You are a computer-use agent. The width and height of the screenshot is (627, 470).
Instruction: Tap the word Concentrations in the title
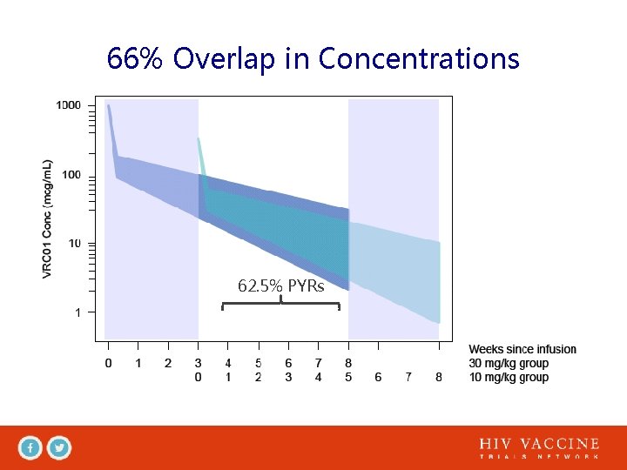tap(419, 59)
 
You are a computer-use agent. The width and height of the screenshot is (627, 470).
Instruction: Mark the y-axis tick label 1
tap(78, 312)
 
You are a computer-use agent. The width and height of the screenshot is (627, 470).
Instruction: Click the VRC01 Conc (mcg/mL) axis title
tap(49, 218)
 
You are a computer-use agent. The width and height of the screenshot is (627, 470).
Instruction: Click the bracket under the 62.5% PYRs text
tap(280, 304)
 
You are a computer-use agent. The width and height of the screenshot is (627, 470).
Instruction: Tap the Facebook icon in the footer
tap(30, 448)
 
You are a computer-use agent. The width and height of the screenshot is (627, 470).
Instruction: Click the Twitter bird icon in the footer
tap(59, 448)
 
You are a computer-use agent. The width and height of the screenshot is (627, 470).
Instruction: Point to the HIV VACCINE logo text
tap(539, 444)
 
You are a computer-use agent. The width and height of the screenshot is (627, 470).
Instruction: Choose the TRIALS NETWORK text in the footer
tap(539, 457)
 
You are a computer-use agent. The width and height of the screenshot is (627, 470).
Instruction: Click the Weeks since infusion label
tap(522, 349)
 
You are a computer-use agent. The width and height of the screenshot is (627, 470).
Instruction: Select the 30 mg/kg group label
tap(509, 363)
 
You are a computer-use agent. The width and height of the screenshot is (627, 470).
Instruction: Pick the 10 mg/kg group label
tap(509, 377)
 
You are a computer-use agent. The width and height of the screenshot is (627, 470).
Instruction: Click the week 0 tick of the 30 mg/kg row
tap(108, 363)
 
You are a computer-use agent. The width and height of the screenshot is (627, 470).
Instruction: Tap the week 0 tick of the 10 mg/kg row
tap(199, 377)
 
